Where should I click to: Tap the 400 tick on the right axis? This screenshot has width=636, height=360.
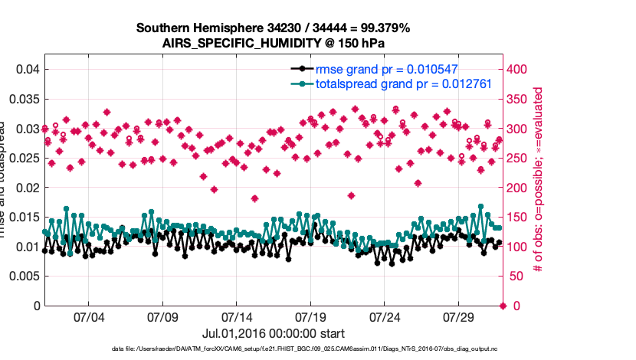coord(519,70)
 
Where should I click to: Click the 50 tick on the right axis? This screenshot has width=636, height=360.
coord(516,277)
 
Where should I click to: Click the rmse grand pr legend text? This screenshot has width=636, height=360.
coord(387,69)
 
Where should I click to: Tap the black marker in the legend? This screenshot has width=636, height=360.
coord(304,69)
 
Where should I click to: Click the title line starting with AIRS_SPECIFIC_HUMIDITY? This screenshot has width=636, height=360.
coord(273,43)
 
